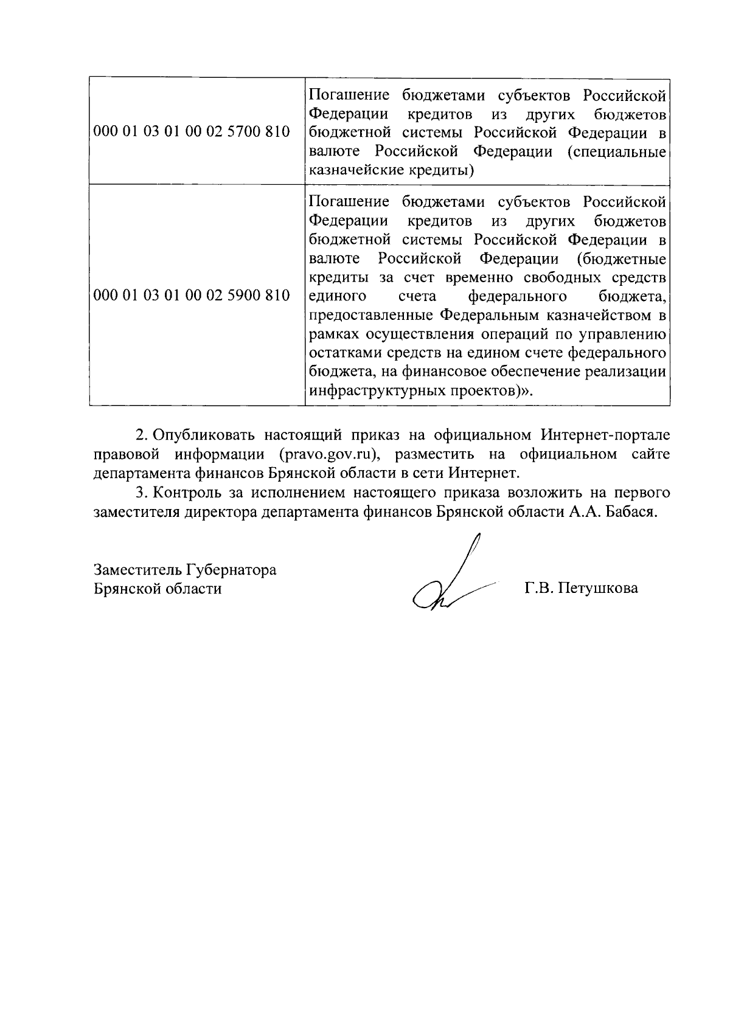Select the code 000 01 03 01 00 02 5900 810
pos(192,296)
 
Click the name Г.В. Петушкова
pos(581,589)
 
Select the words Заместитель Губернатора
pos(185,570)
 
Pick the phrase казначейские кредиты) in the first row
pos(392,170)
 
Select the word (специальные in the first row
pos(616,151)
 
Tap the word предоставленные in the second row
pos(371,316)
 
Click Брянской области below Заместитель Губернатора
pos(158,589)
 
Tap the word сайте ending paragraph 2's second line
pos(650,454)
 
